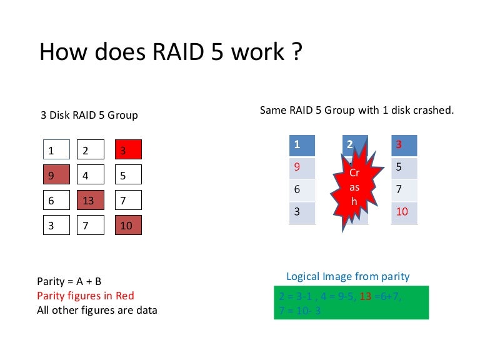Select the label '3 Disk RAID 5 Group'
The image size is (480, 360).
coord(89,115)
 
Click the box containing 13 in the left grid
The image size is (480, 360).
coord(89,201)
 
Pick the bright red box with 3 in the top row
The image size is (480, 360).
coord(128,150)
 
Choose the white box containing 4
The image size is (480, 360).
coord(89,176)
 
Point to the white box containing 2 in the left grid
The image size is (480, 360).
coord(89,150)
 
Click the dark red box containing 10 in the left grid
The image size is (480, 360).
coord(128,226)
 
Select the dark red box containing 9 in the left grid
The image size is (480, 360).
coord(56,176)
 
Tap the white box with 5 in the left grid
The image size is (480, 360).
coord(128,176)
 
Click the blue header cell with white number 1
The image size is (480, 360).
coord(302,144)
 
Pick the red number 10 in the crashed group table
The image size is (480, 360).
coord(402,212)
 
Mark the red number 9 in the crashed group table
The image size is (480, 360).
coord(297,167)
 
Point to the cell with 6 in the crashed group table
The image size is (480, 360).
coord(302,189)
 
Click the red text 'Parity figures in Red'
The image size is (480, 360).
coord(86,296)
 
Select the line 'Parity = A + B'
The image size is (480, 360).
coord(71,282)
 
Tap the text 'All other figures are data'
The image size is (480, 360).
coord(97,309)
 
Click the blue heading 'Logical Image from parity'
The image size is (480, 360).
coord(348,276)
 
